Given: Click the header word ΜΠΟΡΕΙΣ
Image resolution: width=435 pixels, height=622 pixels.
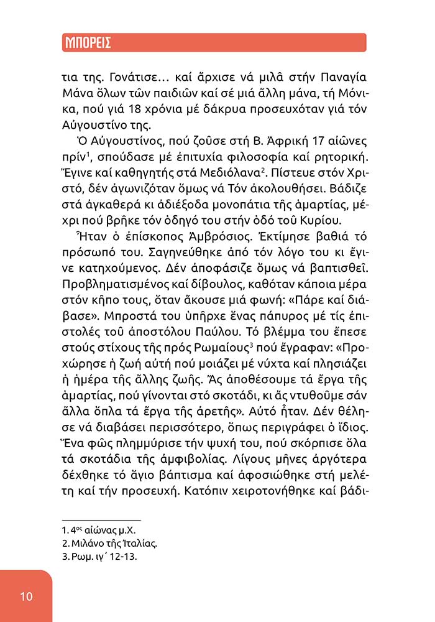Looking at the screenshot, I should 88,43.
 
